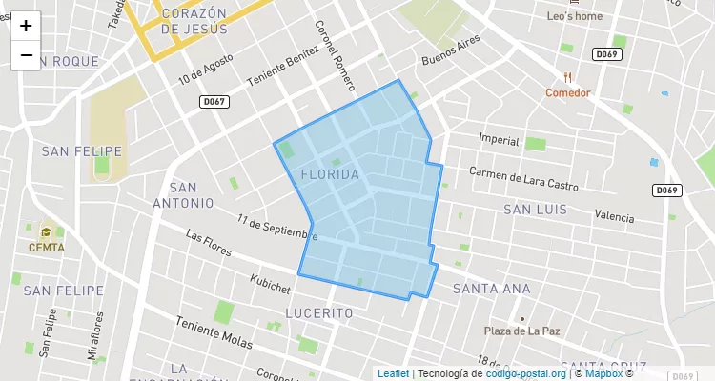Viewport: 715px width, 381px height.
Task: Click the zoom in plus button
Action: click(x=26, y=26)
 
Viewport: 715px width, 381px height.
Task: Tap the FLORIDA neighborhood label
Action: click(x=330, y=175)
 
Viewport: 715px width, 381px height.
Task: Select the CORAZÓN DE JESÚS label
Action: click(x=194, y=21)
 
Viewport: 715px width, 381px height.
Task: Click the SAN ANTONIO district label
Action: click(x=184, y=195)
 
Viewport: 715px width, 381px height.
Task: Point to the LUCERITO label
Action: click(x=319, y=312)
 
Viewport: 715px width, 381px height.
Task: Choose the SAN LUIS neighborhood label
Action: click(x=535, y=210)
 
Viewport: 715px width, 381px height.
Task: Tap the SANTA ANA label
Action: click(x=491, y=289)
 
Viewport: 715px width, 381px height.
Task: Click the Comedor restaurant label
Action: click(x=568, y=92)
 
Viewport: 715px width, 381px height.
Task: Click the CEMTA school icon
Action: click(x=47, y=231)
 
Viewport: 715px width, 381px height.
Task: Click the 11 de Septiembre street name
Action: click(x=277, y=228)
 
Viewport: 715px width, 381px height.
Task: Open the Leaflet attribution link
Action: click(x=393, y=373)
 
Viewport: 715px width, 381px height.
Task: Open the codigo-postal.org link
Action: click(x=526, y=373)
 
